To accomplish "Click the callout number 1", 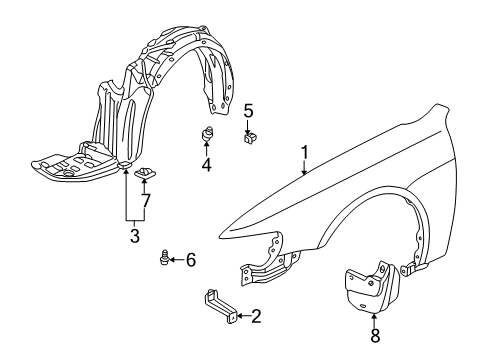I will tap(306, 153).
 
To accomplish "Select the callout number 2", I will tap(256, 317).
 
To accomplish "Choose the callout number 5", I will tap(249, 111).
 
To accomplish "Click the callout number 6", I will tap(191, 260).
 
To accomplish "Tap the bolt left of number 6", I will tap(164, 260).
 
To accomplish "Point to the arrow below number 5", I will tap(249, 125).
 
